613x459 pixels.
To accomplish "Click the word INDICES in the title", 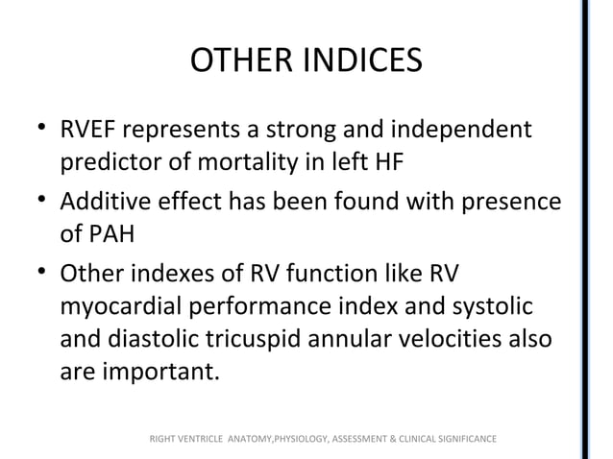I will tap(365, 60).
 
